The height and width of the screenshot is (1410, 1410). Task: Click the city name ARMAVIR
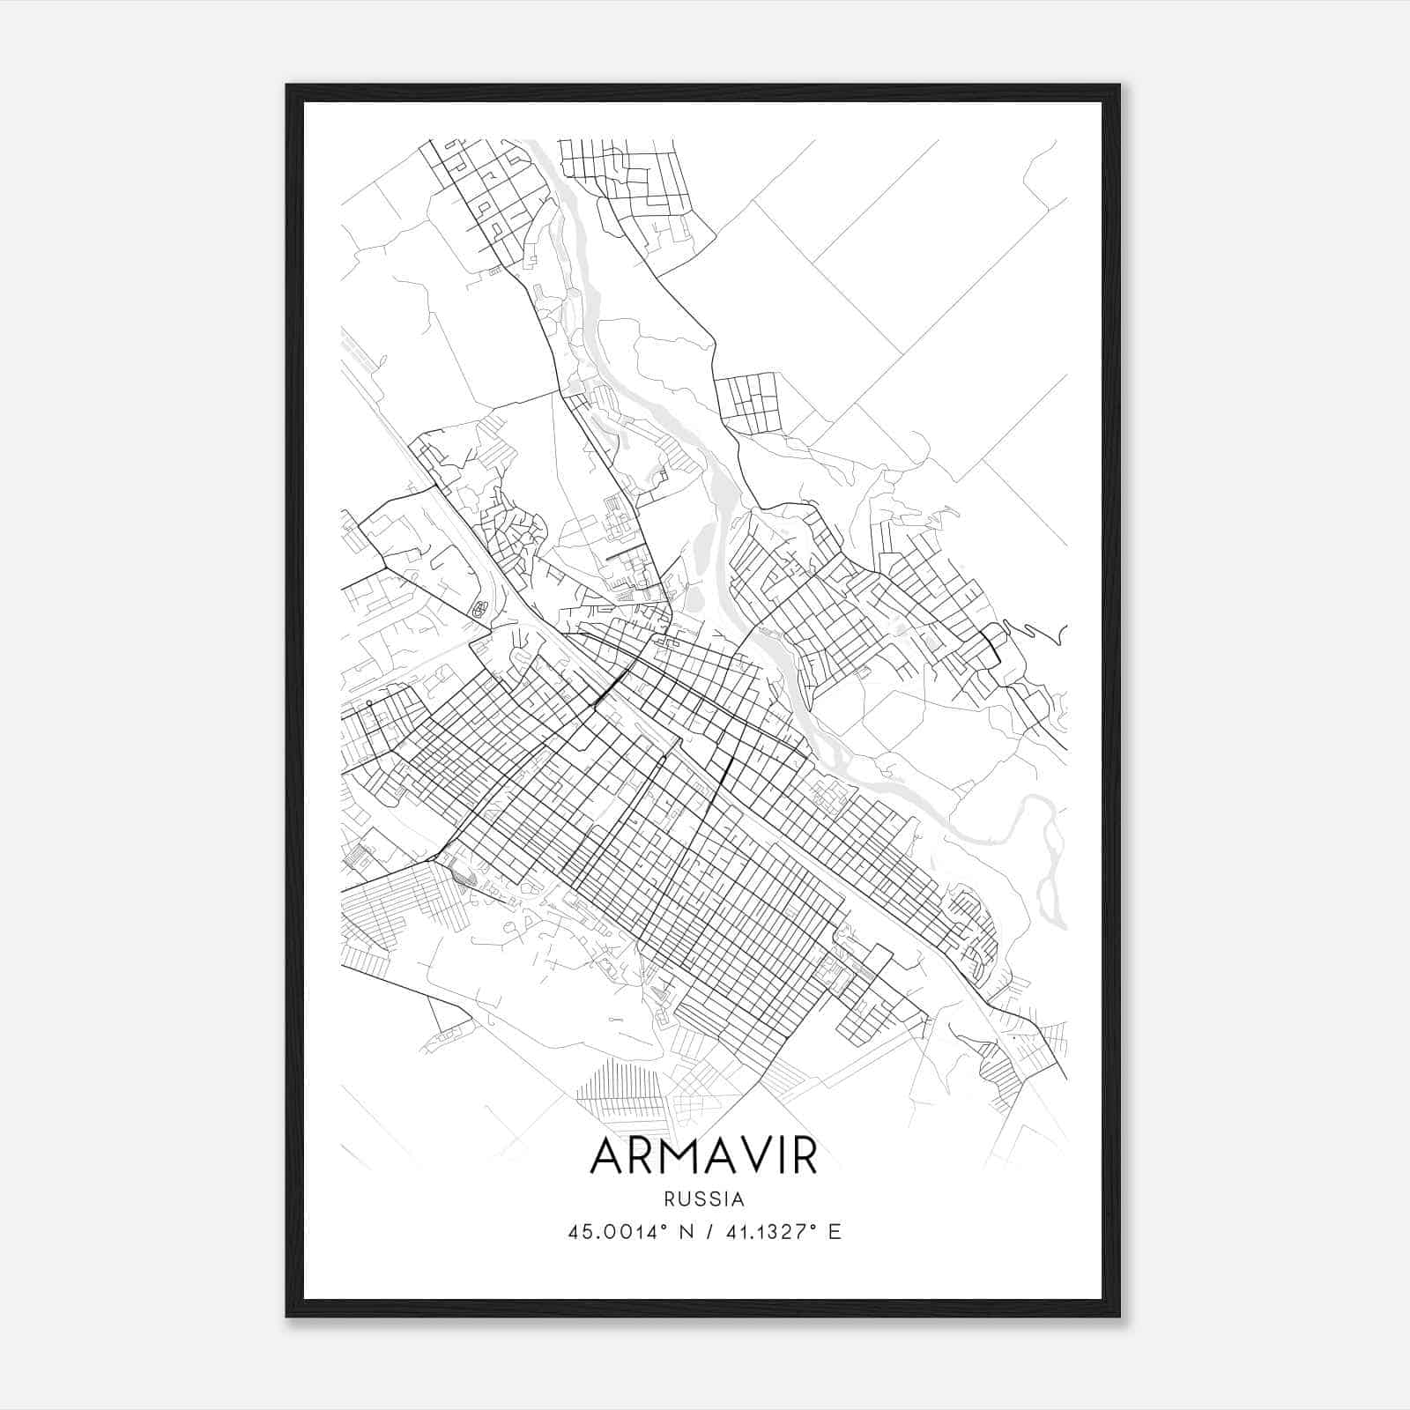click(704, 1157)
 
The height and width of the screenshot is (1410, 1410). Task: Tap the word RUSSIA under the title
click(704, 1199)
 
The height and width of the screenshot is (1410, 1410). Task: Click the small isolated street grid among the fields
click(748, 404)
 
